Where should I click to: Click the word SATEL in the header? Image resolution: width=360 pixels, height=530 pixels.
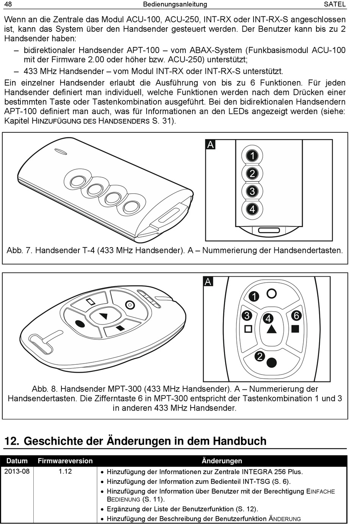pos(335,4)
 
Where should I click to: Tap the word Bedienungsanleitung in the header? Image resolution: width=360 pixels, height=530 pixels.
pos(175,4)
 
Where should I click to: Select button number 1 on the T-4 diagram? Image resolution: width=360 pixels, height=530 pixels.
pos(252,155)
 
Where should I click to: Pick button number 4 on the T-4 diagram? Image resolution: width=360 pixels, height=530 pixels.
pos(252,209)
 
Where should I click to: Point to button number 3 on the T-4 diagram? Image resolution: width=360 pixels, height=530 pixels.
pos(252,191)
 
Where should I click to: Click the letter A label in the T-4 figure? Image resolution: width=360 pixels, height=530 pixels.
pos(210,144)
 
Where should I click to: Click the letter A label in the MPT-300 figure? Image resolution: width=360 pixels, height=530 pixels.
pos(208,282)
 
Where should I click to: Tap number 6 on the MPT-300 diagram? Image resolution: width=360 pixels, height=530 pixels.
pos(296,315)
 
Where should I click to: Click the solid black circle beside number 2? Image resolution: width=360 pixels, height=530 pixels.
pos(271,362)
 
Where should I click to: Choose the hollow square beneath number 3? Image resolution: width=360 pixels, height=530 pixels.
pos(248,329)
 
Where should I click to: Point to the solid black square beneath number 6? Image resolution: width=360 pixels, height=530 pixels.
pos(296,329)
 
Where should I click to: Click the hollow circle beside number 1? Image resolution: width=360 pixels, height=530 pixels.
pos(271,293)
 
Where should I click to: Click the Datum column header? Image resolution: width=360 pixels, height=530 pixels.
pos(17,461)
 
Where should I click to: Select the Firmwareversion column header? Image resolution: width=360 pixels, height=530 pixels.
pos(65,461)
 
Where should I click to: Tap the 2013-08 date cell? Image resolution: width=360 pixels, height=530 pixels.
pos(17,471)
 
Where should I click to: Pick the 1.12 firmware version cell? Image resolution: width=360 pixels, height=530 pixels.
pos(65,471)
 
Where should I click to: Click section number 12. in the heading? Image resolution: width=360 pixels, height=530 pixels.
pos(12,441)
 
